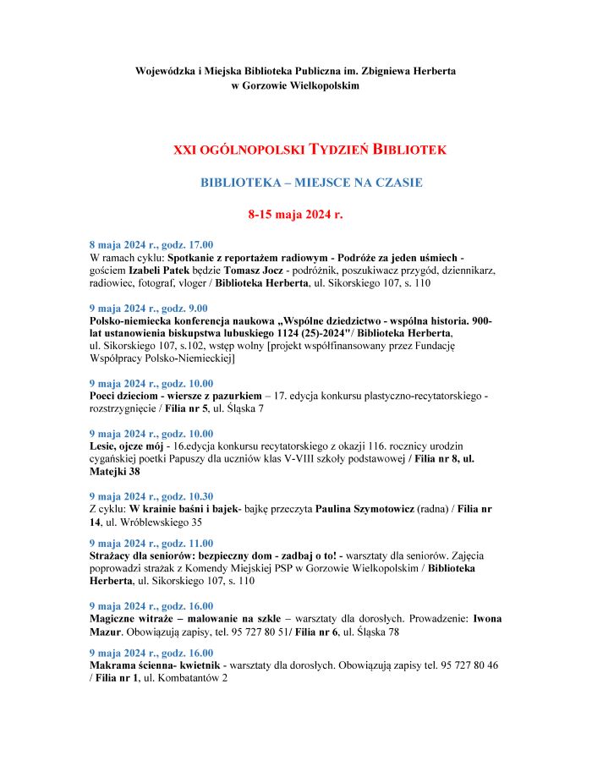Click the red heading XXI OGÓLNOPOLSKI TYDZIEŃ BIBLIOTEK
[x=310, y=150]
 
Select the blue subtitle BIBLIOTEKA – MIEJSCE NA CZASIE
[x=311, y=182]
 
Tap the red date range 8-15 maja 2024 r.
[x=295, y=215]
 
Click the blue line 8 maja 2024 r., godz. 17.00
[x=151, y=244]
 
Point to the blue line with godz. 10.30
[x=151, y=496]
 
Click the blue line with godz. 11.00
[x=151, y=543]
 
